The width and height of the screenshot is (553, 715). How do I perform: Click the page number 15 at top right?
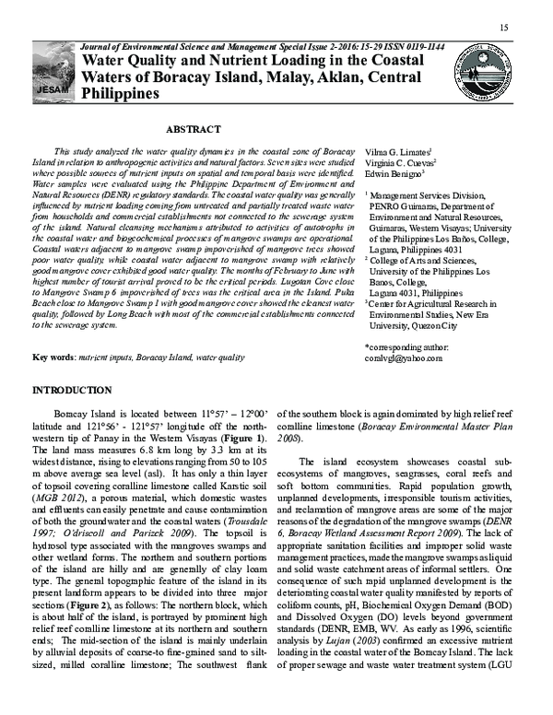point(504,27)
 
